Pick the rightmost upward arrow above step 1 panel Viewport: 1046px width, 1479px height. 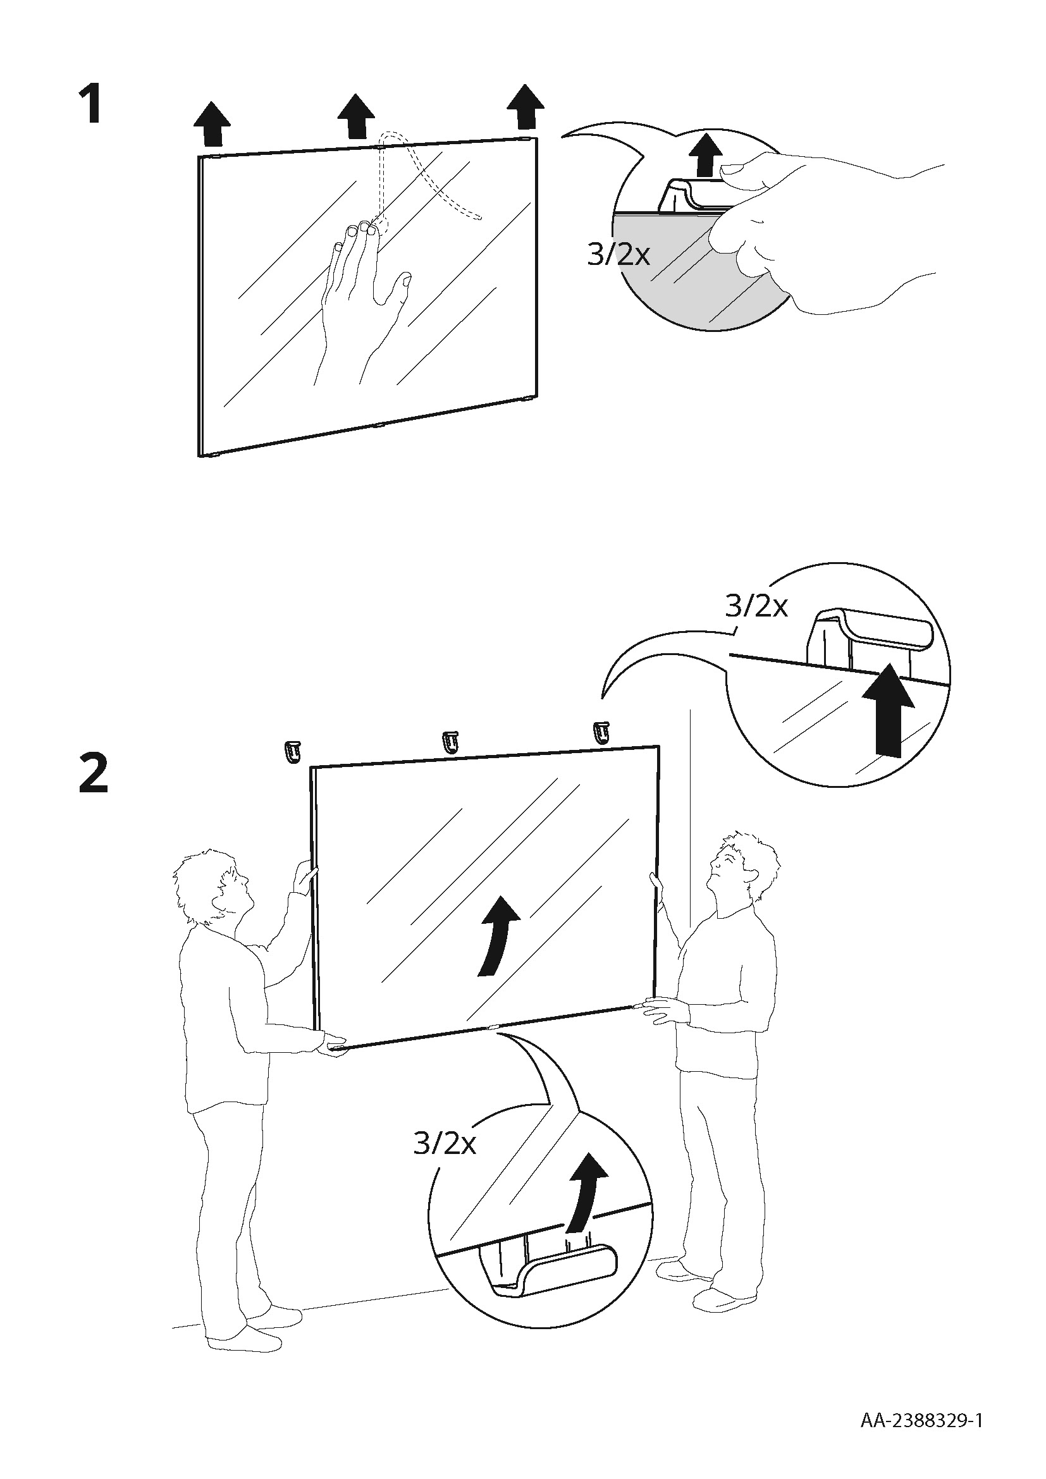tap(526, 107)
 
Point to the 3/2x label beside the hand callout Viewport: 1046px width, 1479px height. tap(618, 255)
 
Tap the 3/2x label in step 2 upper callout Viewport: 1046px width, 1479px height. tap(756, 606)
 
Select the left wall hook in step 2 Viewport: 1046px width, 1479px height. tap(292, 752)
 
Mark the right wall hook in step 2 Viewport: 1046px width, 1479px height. tap(601, 732)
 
